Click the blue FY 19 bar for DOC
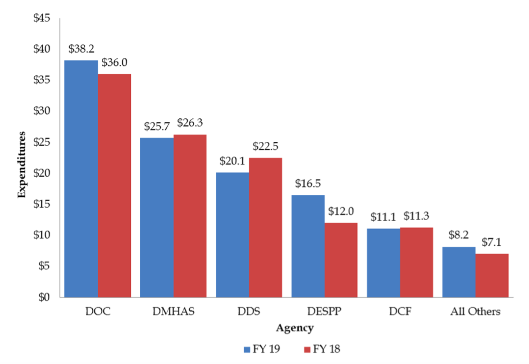pos(81,179)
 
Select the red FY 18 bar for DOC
pos(114,185)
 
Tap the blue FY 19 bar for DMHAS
pos(157,217)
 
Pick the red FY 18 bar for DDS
pos(265,227)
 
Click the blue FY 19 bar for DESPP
pos(308,246)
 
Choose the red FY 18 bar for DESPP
pos(341,260)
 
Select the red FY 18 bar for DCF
pos(416,262)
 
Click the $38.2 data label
pos(81,49)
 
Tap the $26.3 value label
pos(190,124)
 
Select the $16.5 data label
pos(308,184)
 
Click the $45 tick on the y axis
pos(41,18)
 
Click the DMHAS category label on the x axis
pos(173,312)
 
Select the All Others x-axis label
pos(475,312)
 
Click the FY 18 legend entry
pos(321,350)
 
